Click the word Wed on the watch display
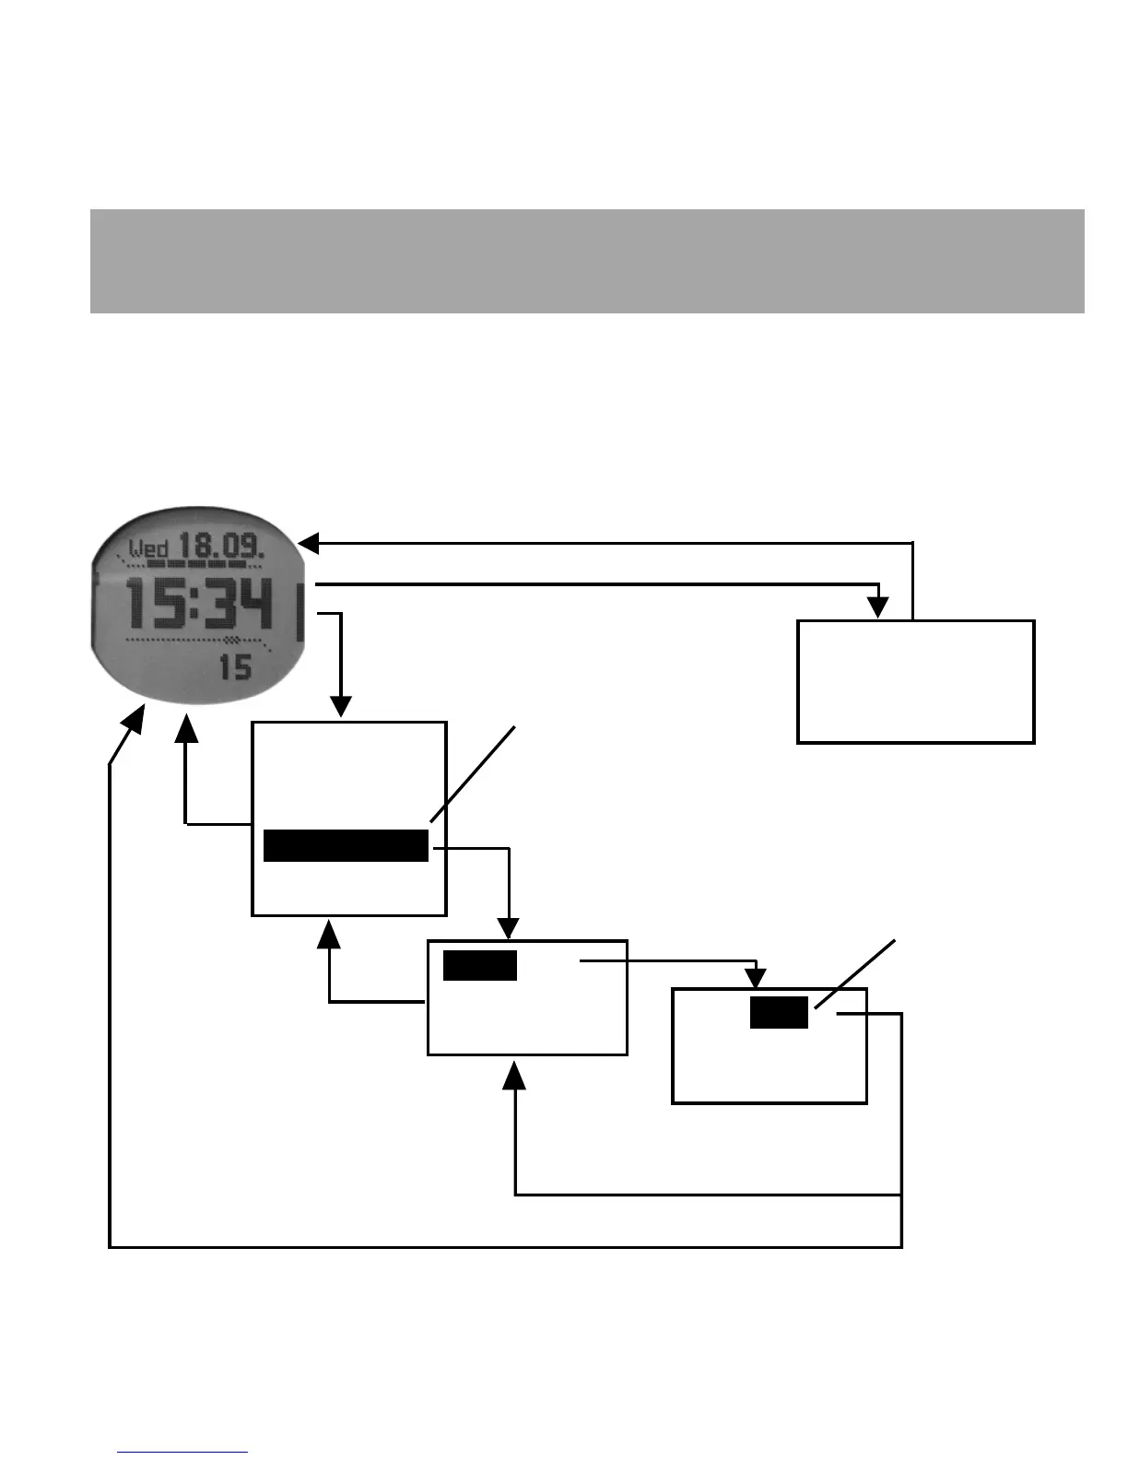tap(147, 548)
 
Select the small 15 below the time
tap(235, 666)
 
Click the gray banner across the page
tap(587, 261)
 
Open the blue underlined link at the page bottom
tap(182, 1452)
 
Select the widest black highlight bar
tap(346, 845)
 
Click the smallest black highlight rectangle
tap(779, 1012)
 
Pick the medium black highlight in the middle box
tap(480, 965)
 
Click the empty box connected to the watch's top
tap(915, 681)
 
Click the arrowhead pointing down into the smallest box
tap(757, 978)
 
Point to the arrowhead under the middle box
tap(515, 1075)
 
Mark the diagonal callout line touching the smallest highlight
tap(854, 974)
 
